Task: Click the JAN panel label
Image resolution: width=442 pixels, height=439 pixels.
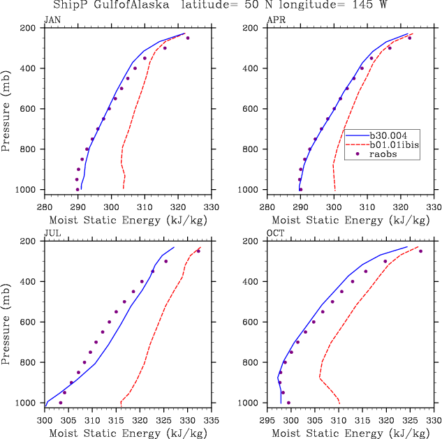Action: point(52,20)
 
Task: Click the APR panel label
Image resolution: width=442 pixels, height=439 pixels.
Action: point(275,20)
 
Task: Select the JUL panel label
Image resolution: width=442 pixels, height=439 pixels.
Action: point(52,234)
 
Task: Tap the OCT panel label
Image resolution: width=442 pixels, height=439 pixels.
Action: point(275,234)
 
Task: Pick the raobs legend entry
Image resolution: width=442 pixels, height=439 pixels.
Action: point(385,154)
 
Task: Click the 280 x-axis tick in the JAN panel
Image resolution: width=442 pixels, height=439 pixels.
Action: point(45,207)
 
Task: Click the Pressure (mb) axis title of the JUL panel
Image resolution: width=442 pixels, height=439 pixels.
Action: point(7,322)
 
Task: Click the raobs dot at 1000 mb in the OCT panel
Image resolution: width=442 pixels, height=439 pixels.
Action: point(288,403)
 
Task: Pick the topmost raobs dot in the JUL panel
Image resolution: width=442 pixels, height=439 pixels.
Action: point(198,251)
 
